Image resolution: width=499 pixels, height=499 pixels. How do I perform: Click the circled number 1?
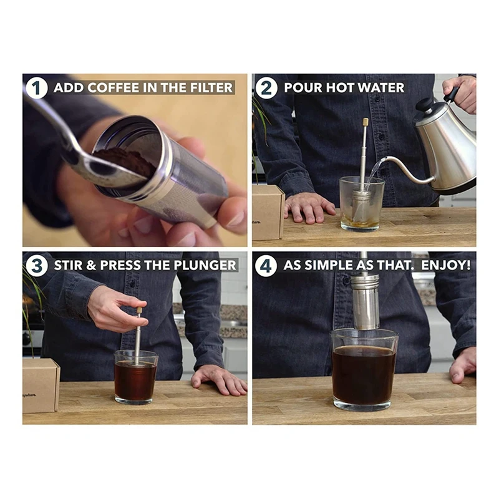pyautogui.click(x=37, y=88)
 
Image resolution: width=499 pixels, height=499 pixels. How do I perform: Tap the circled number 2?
pyautogui.click(x=266, y=88)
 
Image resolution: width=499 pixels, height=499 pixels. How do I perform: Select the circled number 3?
pyautogui.click(x=37, y=266)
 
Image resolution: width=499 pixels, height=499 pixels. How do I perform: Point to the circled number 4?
pyautogui.click(x=266, y=266)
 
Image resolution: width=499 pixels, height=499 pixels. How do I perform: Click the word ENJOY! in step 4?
pyautogui.click(x=446, y=265)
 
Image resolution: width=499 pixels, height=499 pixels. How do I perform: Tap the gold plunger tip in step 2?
pyautogui.click(x=366, y=122)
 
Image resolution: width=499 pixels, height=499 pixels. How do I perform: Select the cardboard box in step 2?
pyautogui.click(x=268, y=212)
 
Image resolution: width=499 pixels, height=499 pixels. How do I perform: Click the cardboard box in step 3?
pyautogui.click(x=41, y=385)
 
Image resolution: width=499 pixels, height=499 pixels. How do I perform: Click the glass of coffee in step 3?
pyautogui.click(x=135, y=377)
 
